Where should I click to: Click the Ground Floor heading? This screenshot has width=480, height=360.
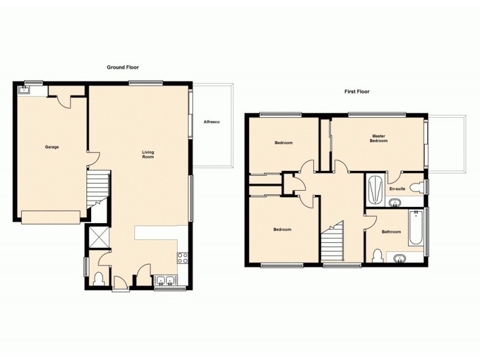coord(122,67)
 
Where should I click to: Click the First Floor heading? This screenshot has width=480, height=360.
coord(356,92)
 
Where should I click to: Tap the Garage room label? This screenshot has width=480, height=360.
coord(52,147)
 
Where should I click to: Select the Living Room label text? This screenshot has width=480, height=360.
coord(148,154)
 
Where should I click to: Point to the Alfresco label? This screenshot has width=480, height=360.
coord(211,122)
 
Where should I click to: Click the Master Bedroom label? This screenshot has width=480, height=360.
coord(379,139)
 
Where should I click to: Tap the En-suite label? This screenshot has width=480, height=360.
coord(397,188)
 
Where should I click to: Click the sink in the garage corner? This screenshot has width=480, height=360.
coord(24,90)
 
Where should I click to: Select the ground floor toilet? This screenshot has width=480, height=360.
coord(100,278)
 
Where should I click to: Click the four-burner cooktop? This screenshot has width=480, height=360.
coord(183,259)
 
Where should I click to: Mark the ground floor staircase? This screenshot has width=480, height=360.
coord(98,188)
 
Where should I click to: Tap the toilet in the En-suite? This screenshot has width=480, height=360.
coord(418,186)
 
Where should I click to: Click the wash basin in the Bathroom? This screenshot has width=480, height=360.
coord(400,259)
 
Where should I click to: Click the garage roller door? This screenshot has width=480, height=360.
coord(50,217)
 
